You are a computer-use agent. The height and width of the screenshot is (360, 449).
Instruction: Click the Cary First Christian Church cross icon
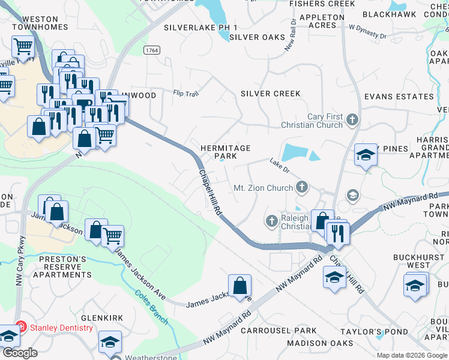pos(352,121)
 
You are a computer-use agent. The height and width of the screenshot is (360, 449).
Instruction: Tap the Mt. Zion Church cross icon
pos(302,188)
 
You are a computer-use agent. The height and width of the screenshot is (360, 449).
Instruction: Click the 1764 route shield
pos(151,51)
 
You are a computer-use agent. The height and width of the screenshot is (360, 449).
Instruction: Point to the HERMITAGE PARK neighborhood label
pos(225,152)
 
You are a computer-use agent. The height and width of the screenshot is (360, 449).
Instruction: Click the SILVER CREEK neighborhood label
pos(270,94)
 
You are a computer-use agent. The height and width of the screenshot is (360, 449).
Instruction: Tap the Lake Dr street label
pos(279,163)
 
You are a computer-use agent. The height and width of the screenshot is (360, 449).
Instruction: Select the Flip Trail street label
pos(185,93)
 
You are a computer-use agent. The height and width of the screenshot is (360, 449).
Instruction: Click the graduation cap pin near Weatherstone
pos(110,341)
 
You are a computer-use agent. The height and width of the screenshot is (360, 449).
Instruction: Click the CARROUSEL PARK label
pos(279,331)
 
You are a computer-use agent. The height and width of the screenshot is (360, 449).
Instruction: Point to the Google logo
pos(20,353)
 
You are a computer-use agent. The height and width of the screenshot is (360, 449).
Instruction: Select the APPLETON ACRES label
pos(326,21)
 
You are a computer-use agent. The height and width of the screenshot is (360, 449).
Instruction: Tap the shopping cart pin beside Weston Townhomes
pos(23,46)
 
